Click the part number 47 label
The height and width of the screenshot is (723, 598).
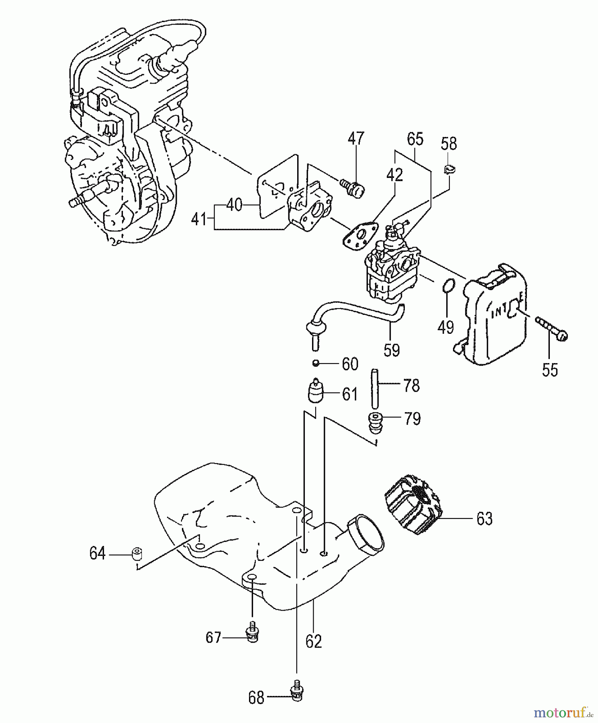point(356,138)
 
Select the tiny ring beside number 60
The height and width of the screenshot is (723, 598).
point(316,364)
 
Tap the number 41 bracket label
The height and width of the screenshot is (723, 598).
point(199,220)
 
